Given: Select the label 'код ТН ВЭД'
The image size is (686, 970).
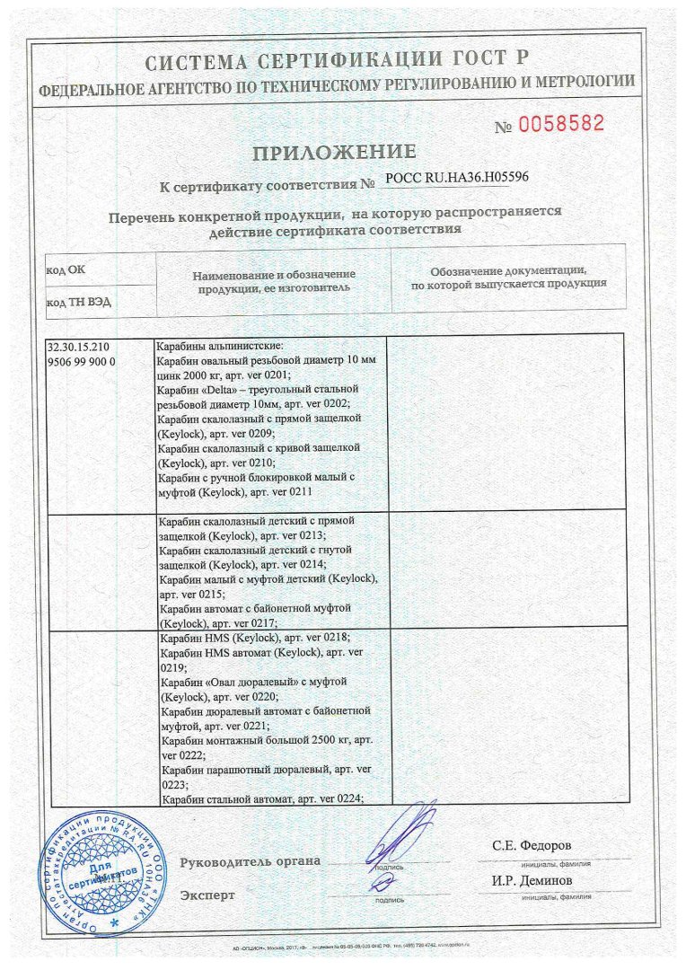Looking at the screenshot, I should coord(79,302).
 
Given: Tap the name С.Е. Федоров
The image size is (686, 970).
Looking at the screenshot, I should coord(531,846).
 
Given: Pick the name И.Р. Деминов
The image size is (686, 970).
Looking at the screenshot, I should coord(531,879).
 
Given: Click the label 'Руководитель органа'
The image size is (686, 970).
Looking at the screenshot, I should coord(250,861).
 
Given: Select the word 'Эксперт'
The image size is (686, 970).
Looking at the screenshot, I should coord(207,895).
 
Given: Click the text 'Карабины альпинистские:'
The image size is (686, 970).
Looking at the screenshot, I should coord(219,346).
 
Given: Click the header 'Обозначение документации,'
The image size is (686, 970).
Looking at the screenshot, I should coord(508,270).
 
